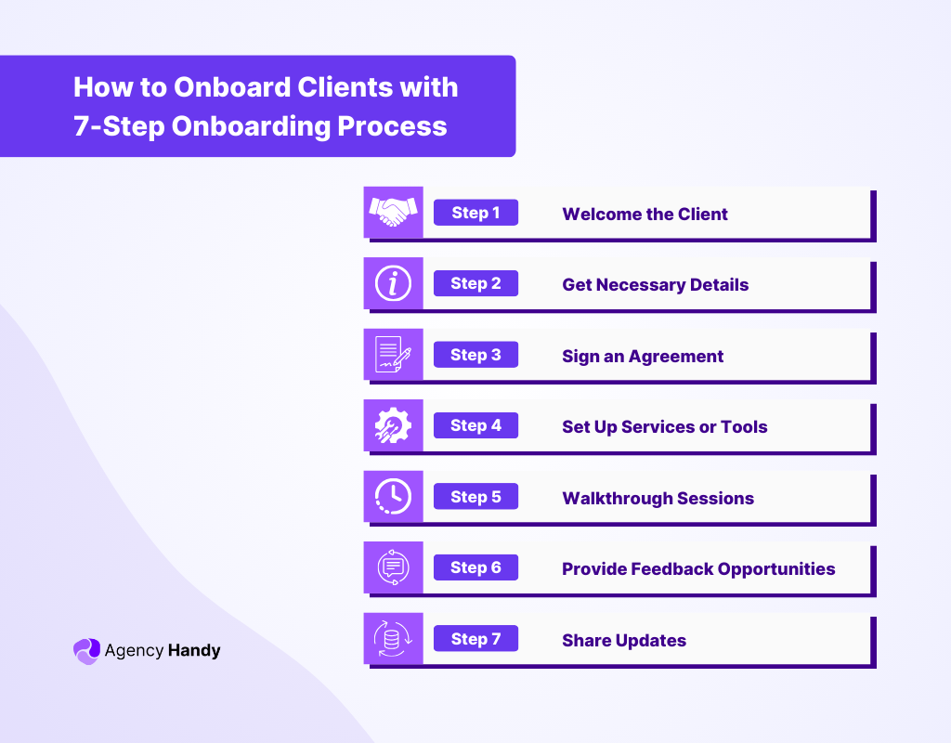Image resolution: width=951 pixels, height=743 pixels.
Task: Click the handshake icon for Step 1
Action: [393, 213]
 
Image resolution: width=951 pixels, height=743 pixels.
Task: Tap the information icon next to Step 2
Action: [393, 284]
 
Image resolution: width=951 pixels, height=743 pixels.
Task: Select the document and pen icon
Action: [393, 355]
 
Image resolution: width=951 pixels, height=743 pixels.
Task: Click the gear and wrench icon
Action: [393, 426]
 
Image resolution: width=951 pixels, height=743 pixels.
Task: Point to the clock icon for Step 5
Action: [393, 497]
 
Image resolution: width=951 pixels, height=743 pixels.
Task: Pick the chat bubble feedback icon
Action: [393, 567]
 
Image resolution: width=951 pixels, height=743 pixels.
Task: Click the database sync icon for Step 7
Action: [393, 639]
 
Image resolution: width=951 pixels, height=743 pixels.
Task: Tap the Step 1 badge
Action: [475, 213]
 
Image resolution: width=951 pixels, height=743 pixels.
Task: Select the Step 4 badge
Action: [475, 425]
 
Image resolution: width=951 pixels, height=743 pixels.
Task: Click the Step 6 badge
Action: [475, 567]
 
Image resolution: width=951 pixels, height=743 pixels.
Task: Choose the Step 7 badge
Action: [475, 639]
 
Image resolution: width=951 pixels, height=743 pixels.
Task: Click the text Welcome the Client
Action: [645, 215]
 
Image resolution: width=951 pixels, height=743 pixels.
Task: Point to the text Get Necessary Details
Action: [655, 285]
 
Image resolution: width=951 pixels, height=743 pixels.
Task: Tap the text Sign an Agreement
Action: [643, 357]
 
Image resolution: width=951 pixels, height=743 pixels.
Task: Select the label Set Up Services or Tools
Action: [664, 427]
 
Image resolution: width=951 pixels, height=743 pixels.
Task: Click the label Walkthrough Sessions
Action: [658, 499]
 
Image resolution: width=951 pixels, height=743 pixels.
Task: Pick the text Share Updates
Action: [624, 641]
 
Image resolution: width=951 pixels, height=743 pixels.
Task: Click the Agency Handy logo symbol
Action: [86, 651]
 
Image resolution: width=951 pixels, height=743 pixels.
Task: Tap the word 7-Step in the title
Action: [118, 125]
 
